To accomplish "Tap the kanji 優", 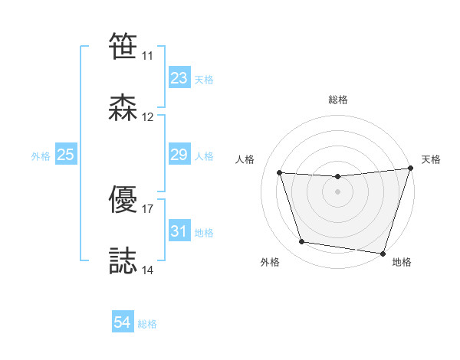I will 123,199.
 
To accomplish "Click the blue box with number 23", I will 179,78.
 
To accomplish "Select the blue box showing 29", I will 179,155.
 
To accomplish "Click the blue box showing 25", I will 66,155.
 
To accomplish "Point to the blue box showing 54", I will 123,323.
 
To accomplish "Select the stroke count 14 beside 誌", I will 148,270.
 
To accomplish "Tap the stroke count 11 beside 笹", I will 148,56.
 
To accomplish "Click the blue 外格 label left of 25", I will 41,156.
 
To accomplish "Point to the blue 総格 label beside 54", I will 147,324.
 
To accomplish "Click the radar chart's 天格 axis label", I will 431,159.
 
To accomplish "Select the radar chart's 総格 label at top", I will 338,100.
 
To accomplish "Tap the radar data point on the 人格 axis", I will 280,173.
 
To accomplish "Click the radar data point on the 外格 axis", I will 302,242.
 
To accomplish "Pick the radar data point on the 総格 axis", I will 337,177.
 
